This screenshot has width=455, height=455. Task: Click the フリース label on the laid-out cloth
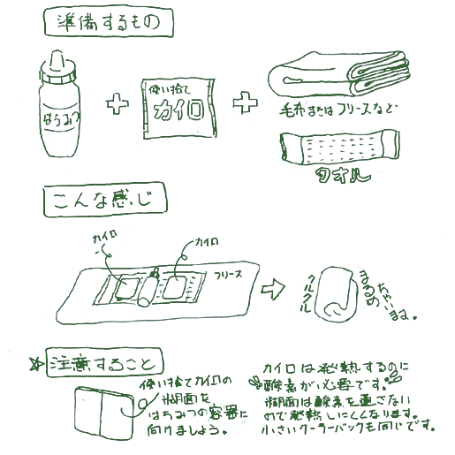click(234, 277)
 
